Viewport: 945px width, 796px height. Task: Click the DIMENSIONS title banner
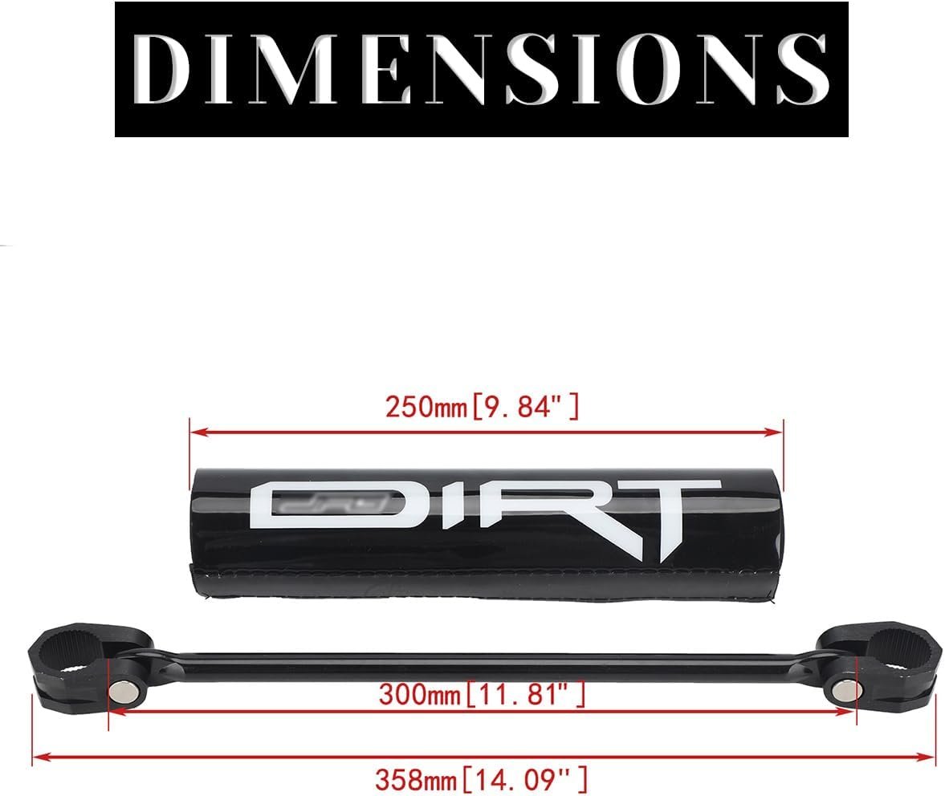(482, 69)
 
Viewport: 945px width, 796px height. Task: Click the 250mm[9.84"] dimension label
(483, 407)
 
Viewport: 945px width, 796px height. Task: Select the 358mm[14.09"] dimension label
(481, 779)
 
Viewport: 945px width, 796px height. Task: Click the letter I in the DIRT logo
(431, 505)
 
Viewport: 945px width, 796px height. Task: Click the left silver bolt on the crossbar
(124, 691)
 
